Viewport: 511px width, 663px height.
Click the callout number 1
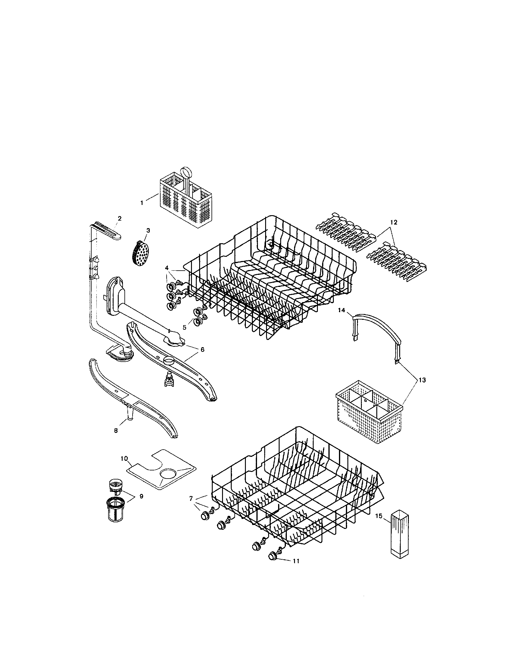click(x=142, y=203)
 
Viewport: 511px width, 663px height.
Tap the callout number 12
click(x=393, y=222)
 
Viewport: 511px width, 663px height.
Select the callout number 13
click(x=422, y=380)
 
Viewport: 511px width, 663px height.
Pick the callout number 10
click(x=124, y=467)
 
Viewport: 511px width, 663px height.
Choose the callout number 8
click(x=116, y=430)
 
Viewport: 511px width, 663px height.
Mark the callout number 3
click(x=148, y=231)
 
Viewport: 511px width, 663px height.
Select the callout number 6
click(x=202, y=349)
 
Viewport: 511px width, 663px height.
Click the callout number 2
click(x=119, y=218)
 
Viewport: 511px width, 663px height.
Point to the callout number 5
click(x=184, y=328)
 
